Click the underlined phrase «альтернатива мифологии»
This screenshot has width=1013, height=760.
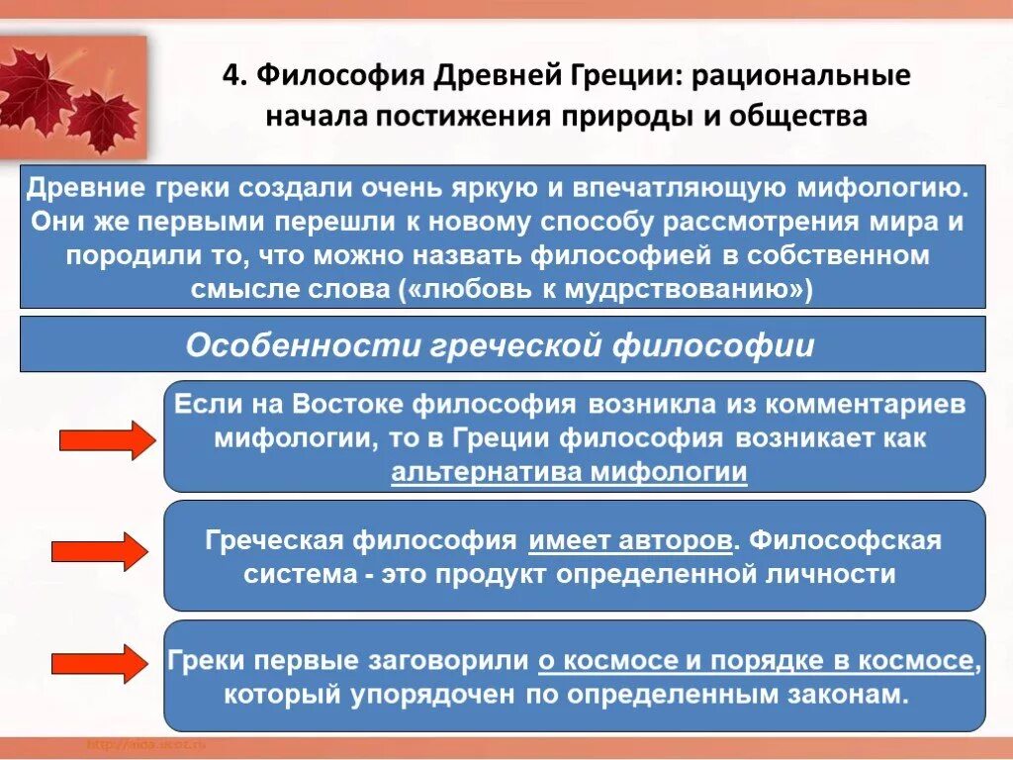[569, 472]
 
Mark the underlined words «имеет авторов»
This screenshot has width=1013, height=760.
[632, 541]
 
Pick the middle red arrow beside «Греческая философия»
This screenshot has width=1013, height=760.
[99, 550]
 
